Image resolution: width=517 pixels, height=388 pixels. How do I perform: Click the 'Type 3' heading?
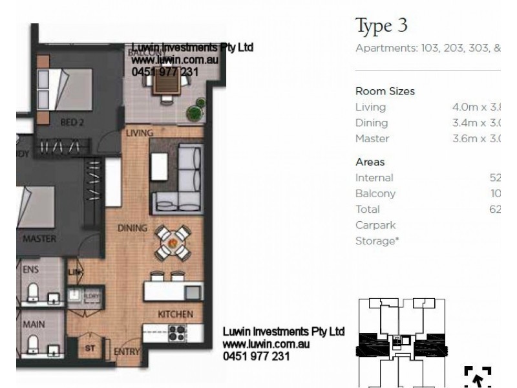click(382, 26)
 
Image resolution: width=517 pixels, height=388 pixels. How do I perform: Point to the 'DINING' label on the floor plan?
click(132, 228)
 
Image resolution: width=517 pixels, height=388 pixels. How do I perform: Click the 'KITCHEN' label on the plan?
click(176, 314)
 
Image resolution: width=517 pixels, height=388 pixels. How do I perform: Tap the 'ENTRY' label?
click(127, 352)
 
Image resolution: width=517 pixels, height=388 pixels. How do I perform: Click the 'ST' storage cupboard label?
click(90, 348)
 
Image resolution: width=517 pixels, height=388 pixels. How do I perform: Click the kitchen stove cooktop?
click(177, 333)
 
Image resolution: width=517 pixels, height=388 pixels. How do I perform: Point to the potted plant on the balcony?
click(195, 111)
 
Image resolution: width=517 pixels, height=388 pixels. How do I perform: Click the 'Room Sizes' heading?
click(385, 91)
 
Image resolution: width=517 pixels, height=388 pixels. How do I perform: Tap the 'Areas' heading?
click(370, 162)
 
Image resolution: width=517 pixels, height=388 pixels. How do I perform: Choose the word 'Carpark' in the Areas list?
click(375, 225)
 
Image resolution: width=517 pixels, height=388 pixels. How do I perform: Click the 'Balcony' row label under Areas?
click(375, 193)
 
